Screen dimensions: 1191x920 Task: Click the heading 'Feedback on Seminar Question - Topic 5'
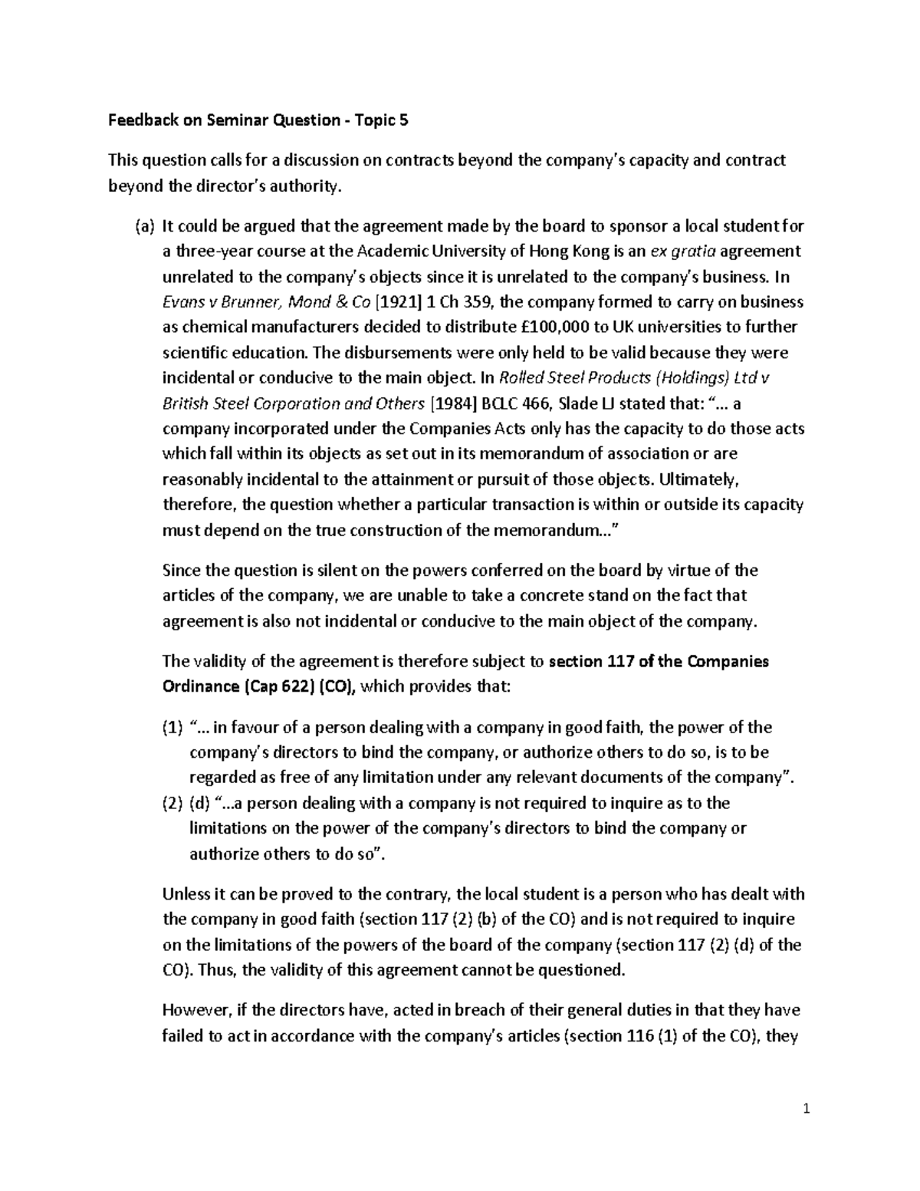click(x=258, y=120)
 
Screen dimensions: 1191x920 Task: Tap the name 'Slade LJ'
click(x=619, y=403)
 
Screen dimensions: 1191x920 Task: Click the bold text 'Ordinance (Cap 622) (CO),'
click(x=259, y=686)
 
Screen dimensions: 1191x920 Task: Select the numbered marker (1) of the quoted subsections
click(x=172, y=727)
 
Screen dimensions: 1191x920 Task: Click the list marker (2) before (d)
click(x=172, y=803)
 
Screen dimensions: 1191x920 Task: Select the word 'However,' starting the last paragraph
click(x=192, y=1011)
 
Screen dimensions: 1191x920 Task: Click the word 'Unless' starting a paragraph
click(x=185, y=894)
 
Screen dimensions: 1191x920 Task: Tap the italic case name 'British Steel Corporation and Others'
click(x=294, y=403)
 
